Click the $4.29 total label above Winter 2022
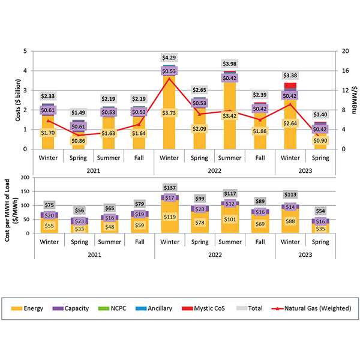169,58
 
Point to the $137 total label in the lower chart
169,188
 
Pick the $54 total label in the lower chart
321,212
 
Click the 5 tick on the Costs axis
26,52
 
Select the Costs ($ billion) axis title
9,100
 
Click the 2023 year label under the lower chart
306,254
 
